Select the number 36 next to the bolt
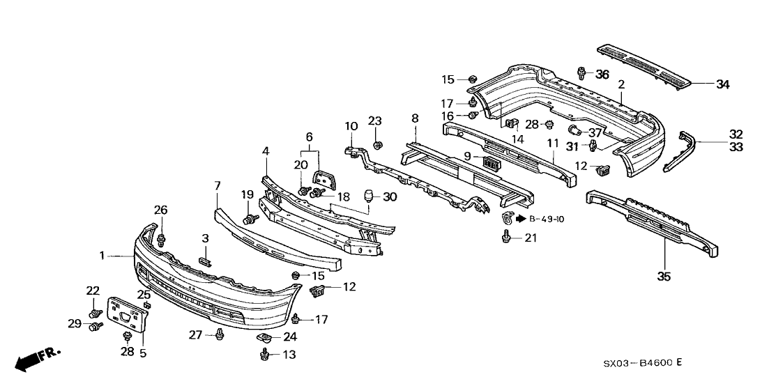[x=602, y=74]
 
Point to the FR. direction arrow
[x=38, y=359]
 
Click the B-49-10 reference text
[x=547, y=219]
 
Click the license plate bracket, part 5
[x=128, y=316]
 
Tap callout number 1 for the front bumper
[x=102, y=256]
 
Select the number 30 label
[x=389, y=197]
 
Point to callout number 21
[x=531, y=238]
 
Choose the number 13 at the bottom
[x=289, y=355]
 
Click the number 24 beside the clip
[x=290, y=337]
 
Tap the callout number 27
[x=195, y=335]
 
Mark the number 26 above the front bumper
[x=161, y=209]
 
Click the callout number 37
[x=595, y=132]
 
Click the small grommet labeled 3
[x=205, y=261]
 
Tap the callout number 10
[x=351, y=126]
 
